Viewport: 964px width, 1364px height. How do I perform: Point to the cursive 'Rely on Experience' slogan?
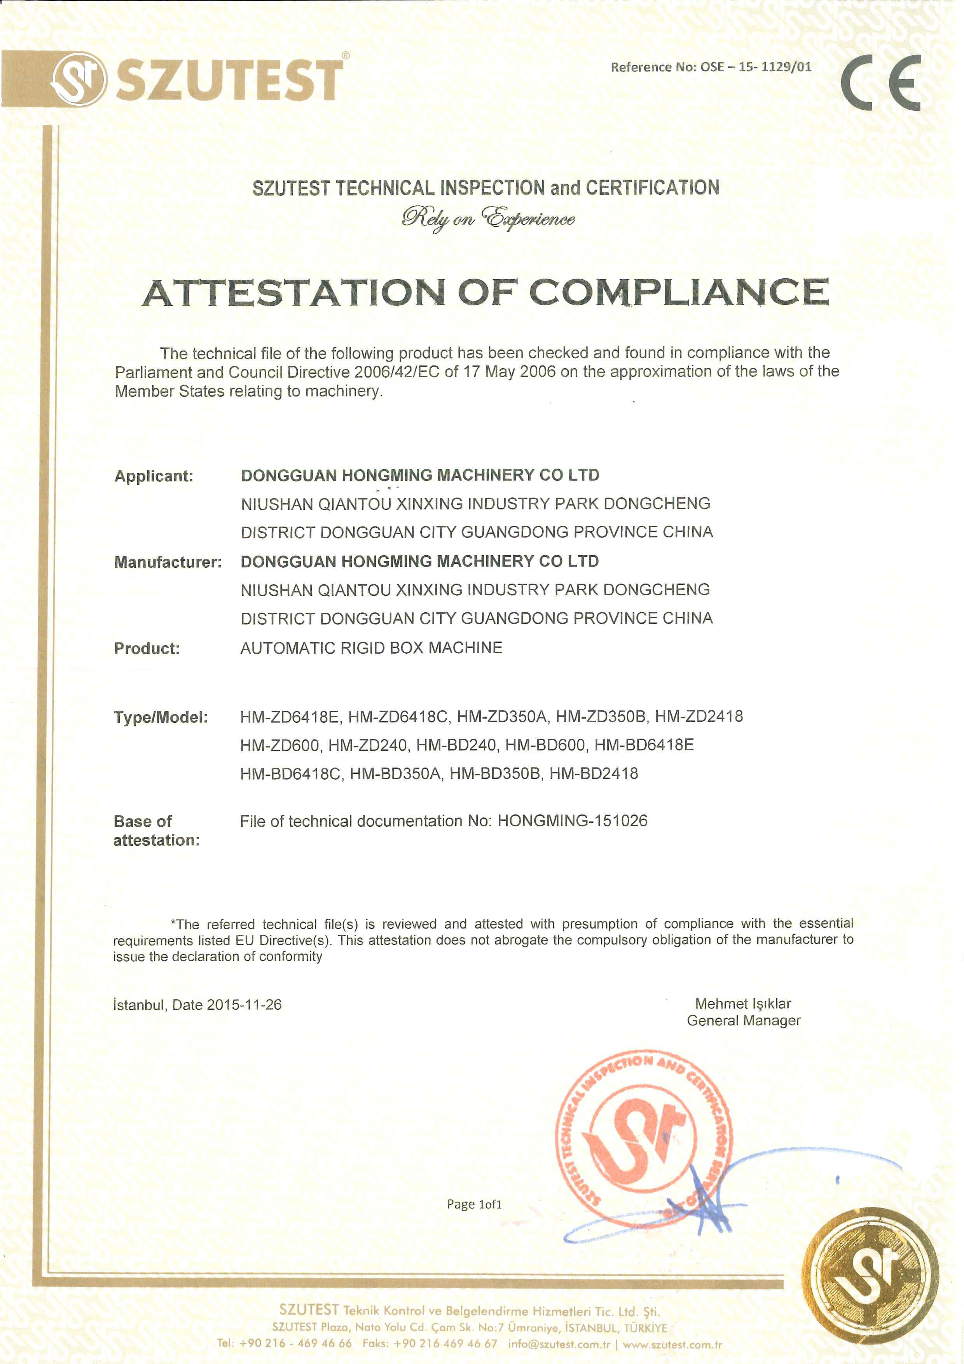(x=488, y=219)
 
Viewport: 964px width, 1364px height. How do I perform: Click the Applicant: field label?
(x=154, y=476)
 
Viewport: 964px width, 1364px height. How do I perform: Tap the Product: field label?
(x=147, y=648)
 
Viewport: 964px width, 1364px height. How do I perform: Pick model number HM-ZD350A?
(x=501, y=717)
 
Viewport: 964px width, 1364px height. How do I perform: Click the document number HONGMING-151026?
(x=572, y=821)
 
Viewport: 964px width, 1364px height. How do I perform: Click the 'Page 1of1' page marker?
(x=474, y=1204)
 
